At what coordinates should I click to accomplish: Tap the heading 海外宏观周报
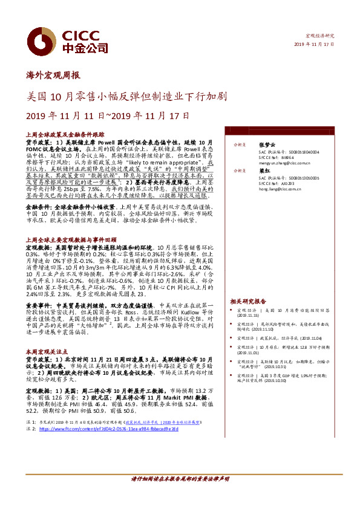click(x=53, y=76)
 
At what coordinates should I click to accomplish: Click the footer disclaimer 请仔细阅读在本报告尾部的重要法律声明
click(x=180, y=496)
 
